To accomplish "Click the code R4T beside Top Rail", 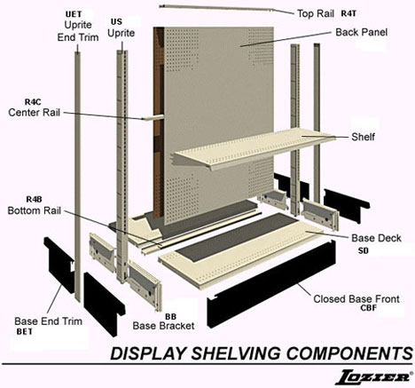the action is pyautogui.click(x=348, y=13).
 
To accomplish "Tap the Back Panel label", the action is pyautogui.click(x=361, y=32).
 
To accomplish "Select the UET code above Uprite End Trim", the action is pyautogui.click(x=74, y=14).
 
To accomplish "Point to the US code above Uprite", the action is pyautogui.click(x=116, y=22).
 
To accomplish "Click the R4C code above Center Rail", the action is pyautogui.click(x=33, y=102).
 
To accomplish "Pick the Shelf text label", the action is pyautogui.click(x=363, y=137).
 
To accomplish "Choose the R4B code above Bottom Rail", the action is pyautogui.click(x=34, y=200).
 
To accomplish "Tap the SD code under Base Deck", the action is pyautogui.click(x=364, y=250).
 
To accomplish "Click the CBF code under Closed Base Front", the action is pyautogui.click(x=368, y=308).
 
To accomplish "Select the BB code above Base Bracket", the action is pyautogui.click(x=170, y=317).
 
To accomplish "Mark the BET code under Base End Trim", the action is pyautogui.click(x=25, y=332).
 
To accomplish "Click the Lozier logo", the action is pyautogui.click(x=373, y=377).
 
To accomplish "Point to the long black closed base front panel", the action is pyautogui.click(x=271, y=285).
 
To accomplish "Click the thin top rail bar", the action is pyautogui.click(x=227, y=9).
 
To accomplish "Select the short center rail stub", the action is pyautogui.click(x=153, y=117).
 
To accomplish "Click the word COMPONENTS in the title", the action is pyautogui.click(x=349, y=353).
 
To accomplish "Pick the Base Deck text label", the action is pyautogui.click(x=376, y=238).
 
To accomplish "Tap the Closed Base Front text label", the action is pyautogui.click(x=356, y=299).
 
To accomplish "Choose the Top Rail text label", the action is pyautogui.click(x=316, y=13).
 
